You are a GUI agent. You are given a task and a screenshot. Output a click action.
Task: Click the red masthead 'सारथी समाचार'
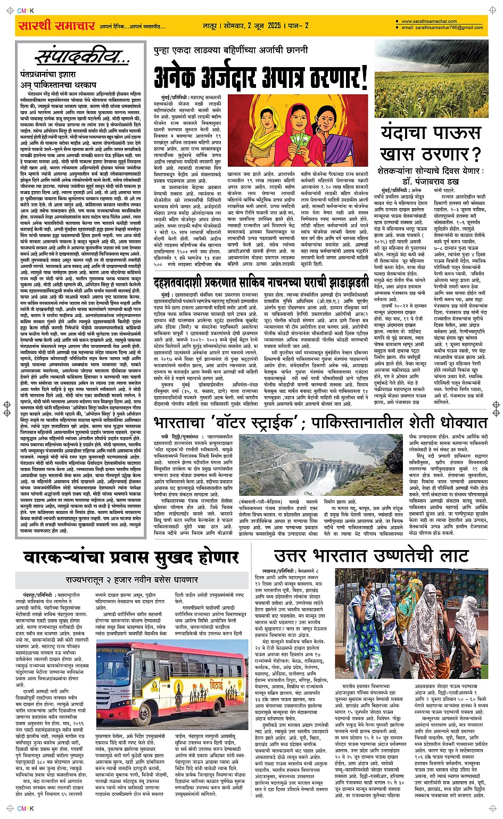tap(56, 26)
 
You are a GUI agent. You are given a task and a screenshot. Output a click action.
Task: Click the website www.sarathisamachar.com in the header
tap(430, 22)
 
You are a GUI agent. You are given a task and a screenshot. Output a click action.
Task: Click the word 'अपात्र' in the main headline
tap(287, 78)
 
